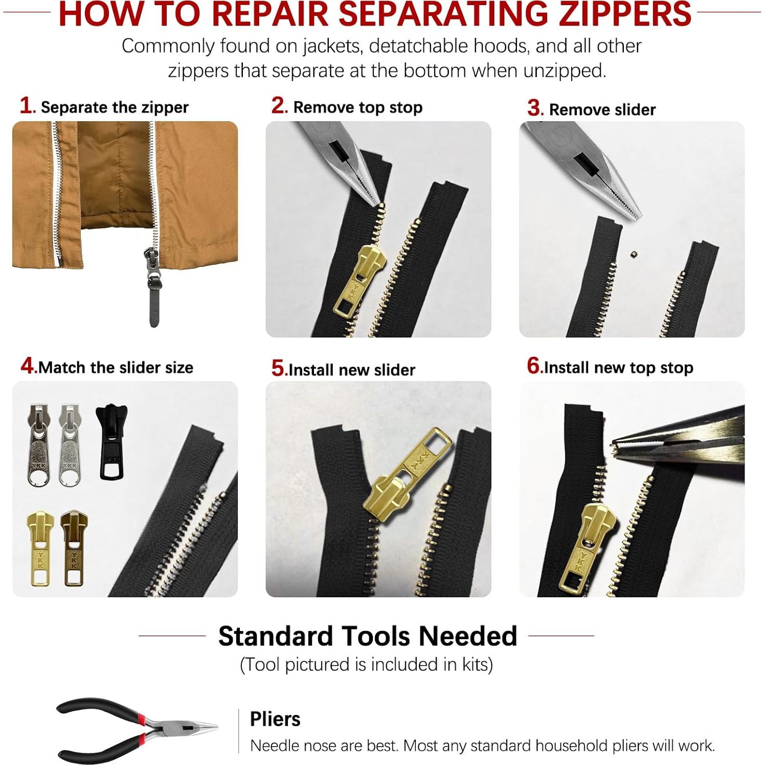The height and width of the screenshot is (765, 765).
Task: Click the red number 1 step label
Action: point(26,106)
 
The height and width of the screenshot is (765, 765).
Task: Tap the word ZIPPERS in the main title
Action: point(624,14)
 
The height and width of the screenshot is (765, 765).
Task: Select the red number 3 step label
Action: point(534,108)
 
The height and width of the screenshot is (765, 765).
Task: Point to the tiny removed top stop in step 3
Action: point(633,253)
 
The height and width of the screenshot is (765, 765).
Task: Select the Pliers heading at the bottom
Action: point(275,719)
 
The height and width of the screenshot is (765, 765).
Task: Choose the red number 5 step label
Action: point(278,368)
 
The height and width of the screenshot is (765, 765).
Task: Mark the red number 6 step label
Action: point(533,366)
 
